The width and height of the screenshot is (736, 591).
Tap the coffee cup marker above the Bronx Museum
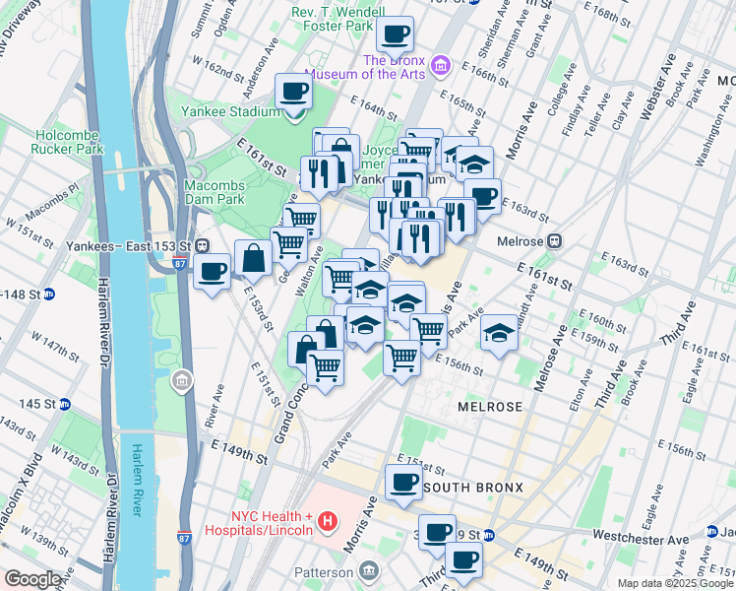[x=395, y=33]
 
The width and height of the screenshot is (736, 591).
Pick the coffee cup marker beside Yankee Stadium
[x=293, y=92]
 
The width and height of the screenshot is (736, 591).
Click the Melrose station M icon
[x=554, y=240]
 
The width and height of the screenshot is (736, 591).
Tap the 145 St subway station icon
[x=64, y=404]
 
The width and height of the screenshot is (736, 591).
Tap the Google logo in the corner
[x=32, y=578]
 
